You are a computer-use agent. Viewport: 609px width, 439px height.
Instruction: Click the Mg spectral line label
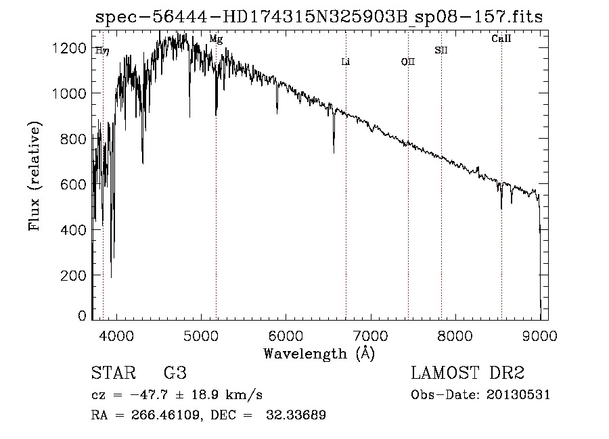click(216, 39)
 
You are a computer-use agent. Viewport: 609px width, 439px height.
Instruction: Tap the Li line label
click(345, 62)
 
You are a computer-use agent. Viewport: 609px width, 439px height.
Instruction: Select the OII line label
click(408, 62)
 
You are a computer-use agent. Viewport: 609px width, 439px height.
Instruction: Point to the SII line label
click(441, 50)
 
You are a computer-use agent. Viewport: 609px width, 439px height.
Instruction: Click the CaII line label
click(501, 39)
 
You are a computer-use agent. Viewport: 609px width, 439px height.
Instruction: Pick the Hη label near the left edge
click(102, 50)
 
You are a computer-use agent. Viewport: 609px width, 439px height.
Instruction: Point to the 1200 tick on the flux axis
click(70, 48)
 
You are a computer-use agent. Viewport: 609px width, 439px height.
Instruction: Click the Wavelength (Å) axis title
click(319, 353)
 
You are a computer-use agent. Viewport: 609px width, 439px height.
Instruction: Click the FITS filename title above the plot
click(319, 16)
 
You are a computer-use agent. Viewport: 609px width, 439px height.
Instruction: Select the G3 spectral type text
click(175, 373)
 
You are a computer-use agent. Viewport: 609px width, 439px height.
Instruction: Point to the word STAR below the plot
click(112, 373)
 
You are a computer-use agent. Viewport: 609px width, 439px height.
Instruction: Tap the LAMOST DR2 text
click(468, 373)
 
